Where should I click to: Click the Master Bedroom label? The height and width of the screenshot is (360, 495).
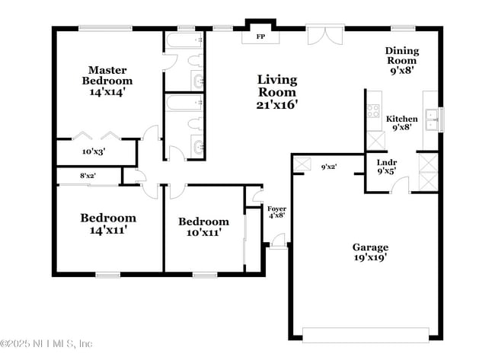[107, 80]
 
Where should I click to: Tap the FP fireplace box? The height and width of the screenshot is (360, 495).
[260, 36]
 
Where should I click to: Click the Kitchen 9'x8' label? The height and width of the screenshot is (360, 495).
[401, 123]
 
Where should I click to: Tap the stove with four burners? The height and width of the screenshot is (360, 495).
[374, 112]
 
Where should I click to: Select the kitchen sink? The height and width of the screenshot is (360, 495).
[431, 116]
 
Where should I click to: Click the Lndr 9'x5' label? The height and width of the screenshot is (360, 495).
[387, 167]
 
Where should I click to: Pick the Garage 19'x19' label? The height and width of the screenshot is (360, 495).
[370, 252]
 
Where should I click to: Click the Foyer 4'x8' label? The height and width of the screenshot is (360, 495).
[276, 212]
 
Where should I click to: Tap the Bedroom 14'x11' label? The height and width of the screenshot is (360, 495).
[108, 223]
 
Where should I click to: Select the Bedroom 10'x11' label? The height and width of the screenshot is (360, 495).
[203, 227]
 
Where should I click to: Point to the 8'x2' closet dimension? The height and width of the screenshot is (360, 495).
[88, 177]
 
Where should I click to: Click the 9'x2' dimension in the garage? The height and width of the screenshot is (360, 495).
[329, 166]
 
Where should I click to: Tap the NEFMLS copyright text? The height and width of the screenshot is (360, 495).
[47, 343]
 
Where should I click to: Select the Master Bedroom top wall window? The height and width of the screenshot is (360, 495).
[107, 28]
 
